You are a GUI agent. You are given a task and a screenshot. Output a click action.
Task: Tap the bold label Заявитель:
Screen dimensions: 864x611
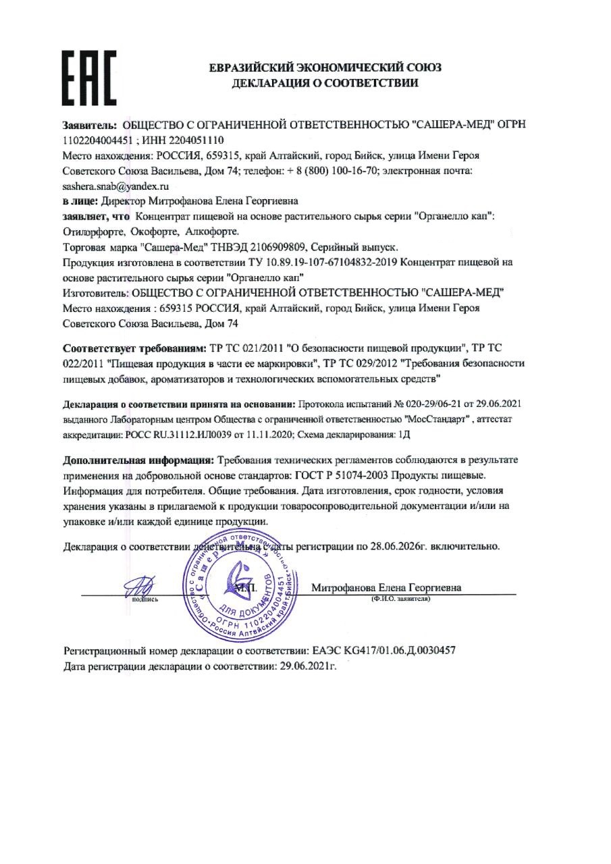(x=90, y=126)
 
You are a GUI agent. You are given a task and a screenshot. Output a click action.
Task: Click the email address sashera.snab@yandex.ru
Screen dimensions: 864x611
(x=115, y=185)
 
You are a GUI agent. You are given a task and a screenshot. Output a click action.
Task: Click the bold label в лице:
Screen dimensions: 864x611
(x=80, y=200)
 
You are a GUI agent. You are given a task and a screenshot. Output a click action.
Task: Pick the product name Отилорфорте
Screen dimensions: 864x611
(x=92, y=230)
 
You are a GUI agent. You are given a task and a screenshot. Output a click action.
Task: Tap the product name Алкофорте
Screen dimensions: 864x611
(x=207, y=230)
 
